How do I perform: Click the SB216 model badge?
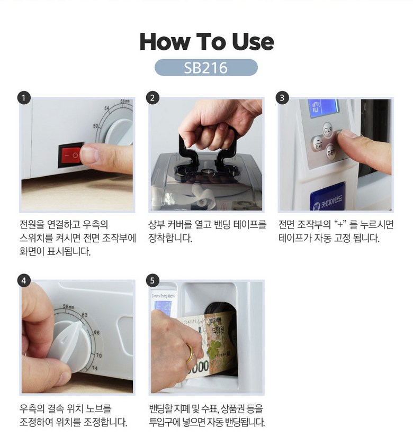206,68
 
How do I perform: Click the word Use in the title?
253,42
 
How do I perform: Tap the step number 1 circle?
24,98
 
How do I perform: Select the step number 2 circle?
152,98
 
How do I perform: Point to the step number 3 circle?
282,98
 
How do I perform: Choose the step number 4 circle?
24,280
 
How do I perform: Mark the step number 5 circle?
152,280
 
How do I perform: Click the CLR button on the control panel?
328,130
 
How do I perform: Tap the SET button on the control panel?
331,152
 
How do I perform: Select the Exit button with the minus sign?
318,144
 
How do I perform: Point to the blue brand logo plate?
328,197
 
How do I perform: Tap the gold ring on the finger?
190,354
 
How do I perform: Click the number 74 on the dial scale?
94,368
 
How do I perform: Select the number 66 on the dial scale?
96,332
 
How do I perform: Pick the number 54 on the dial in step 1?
107,108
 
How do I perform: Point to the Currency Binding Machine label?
163,296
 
